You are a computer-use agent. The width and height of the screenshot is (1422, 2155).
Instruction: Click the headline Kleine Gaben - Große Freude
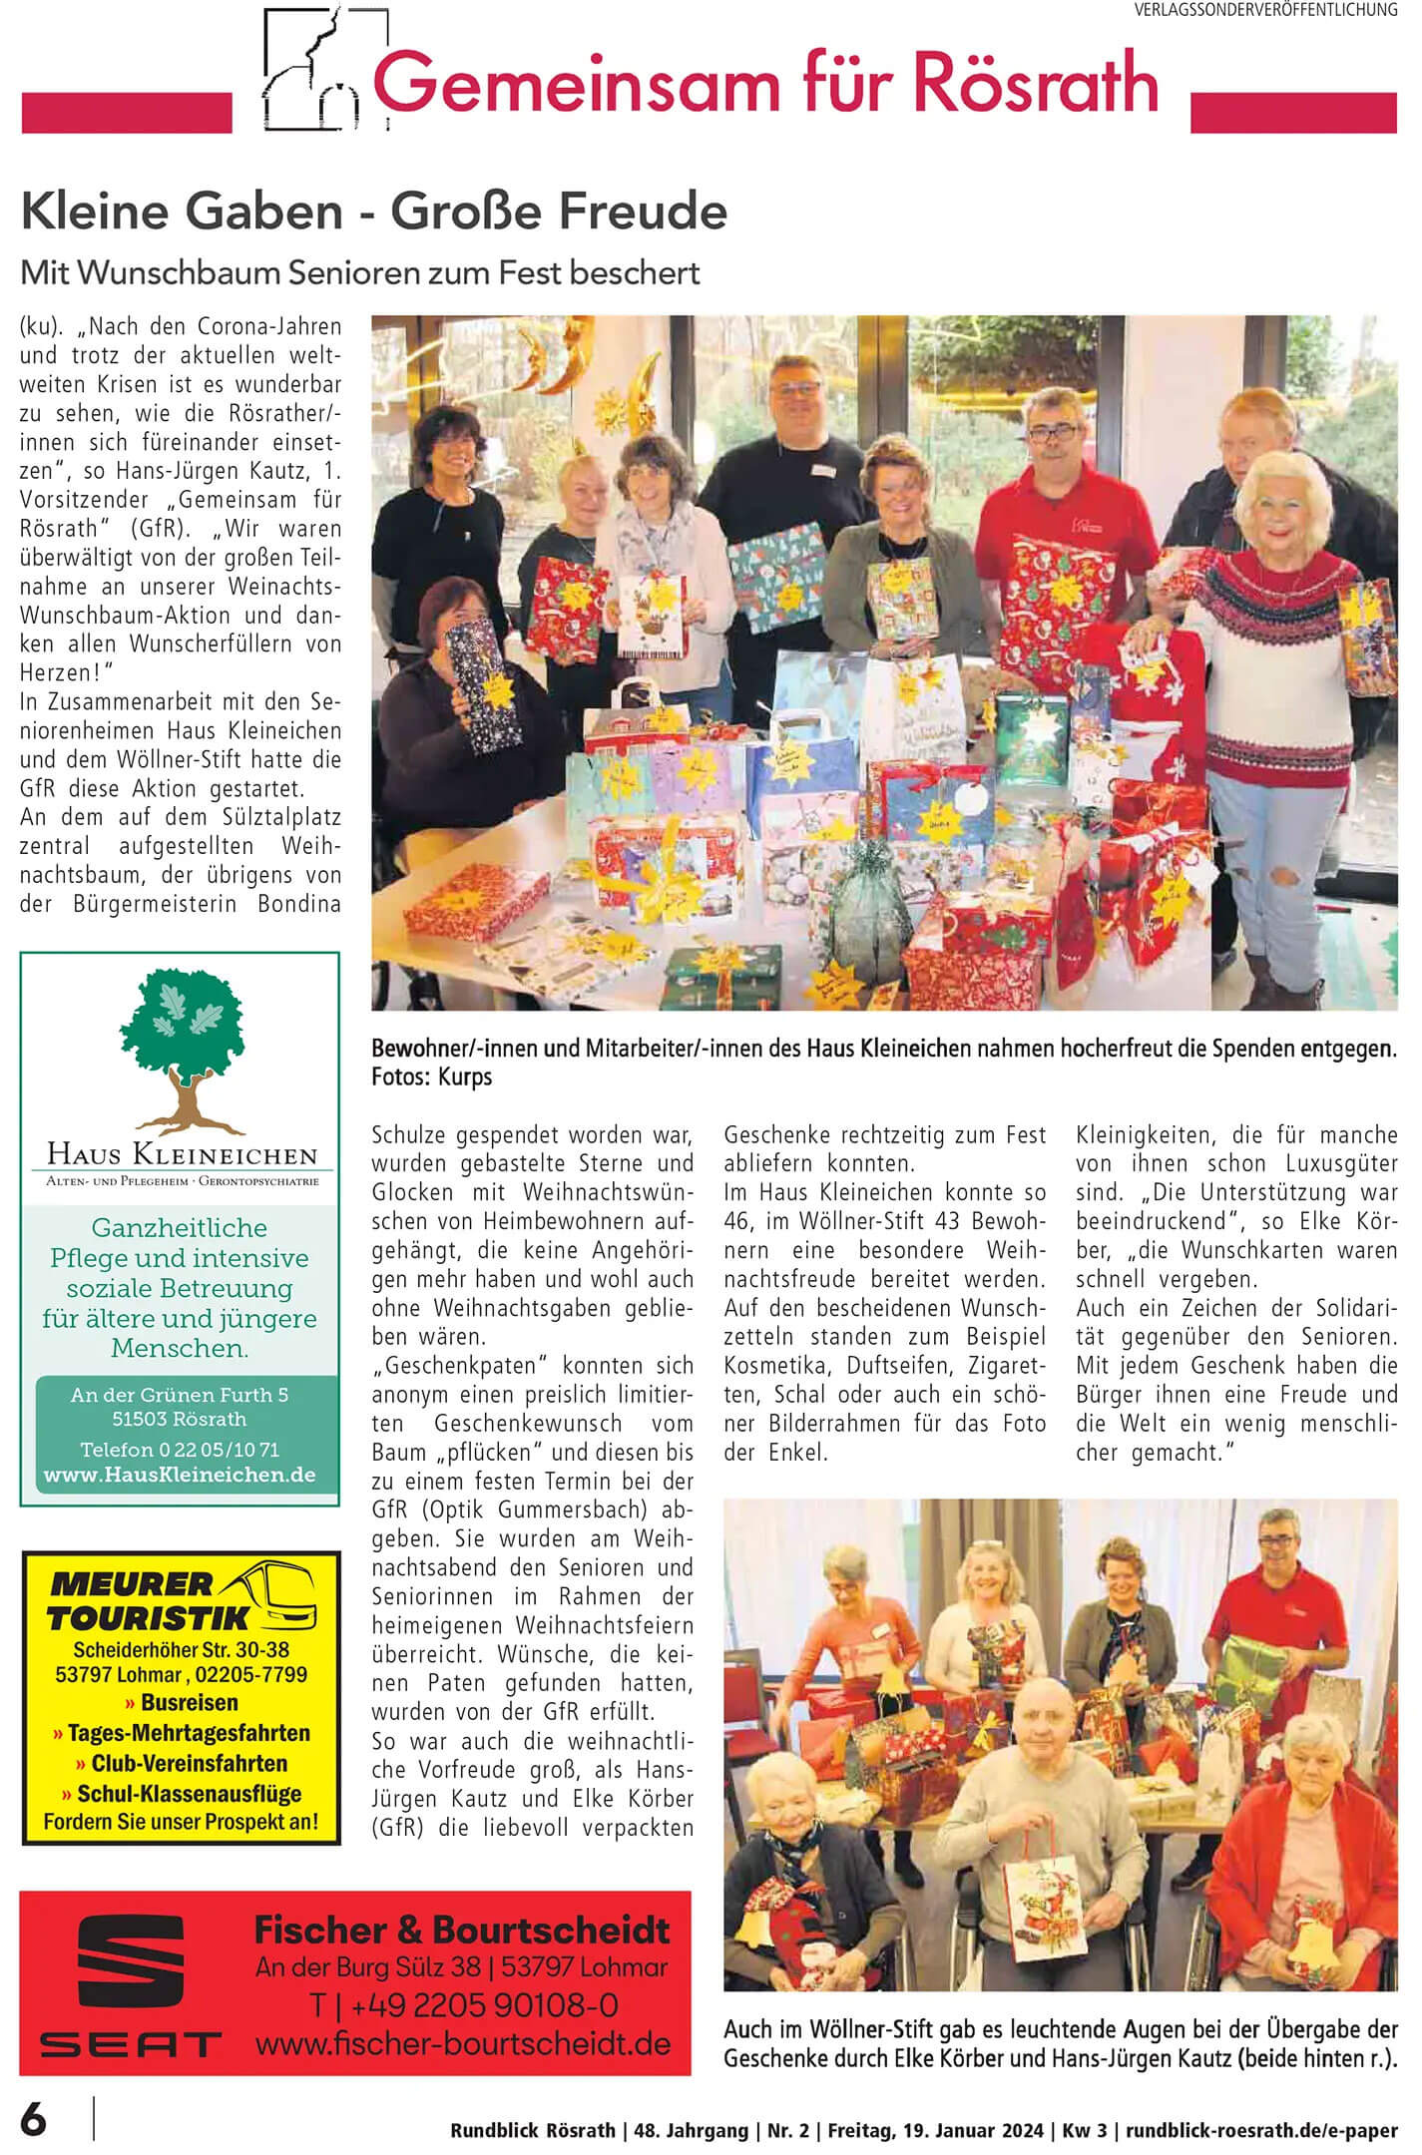point(374,212)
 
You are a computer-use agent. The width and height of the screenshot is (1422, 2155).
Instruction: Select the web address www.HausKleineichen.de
point(180,1475)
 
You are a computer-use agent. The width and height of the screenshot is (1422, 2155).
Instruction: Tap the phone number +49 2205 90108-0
point(463,2005)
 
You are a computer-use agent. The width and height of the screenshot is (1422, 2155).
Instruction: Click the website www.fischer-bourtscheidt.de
point(463,2043)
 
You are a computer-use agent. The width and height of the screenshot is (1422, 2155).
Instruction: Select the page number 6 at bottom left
point(34,2119)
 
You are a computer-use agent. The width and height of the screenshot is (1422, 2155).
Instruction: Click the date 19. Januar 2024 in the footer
point(965,2130)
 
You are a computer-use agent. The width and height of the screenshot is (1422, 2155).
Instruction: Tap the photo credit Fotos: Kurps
point(431,1077)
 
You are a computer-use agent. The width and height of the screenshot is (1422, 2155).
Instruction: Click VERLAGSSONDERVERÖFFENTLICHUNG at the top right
point(1265,10)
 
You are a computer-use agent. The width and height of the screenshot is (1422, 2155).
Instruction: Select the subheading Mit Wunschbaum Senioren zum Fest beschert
point(360,272)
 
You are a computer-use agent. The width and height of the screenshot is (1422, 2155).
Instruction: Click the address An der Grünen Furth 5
point(180,1395)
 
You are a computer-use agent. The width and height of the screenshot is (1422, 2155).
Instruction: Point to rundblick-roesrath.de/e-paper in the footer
point(1261,2130)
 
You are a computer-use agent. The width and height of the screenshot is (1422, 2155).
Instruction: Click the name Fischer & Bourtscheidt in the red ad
point(462,1930)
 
